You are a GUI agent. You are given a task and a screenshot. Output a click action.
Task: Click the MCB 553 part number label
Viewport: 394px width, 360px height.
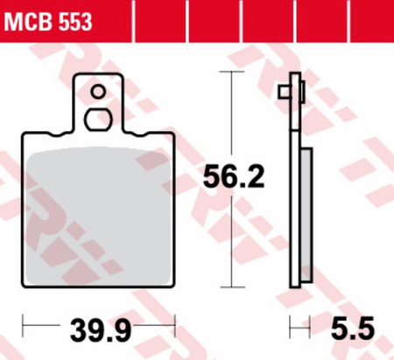point(48,22)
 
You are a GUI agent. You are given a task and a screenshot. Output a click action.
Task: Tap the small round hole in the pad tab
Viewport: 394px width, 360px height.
point(98,92)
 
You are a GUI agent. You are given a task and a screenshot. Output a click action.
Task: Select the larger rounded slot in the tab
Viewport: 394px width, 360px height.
point(98,119)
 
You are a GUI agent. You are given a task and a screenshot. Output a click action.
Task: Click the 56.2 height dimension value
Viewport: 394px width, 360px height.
point(234,177)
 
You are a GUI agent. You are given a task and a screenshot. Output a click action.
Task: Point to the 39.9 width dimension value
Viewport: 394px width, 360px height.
point(101,330)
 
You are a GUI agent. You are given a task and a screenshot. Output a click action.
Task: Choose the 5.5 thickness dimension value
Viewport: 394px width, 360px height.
point(352,328)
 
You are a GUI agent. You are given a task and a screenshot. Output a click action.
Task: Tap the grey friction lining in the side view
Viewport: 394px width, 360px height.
point(306,215)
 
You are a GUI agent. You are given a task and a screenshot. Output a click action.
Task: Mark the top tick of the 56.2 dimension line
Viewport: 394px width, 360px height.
point(232,72)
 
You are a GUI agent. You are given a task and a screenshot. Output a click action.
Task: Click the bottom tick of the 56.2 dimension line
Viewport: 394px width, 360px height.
point(232,287)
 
